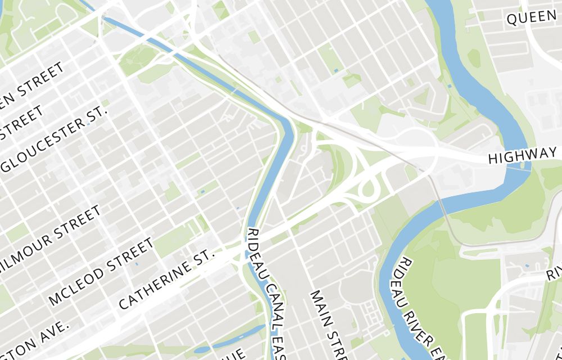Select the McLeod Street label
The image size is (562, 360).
pyautogui.click(x=101, y=272)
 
